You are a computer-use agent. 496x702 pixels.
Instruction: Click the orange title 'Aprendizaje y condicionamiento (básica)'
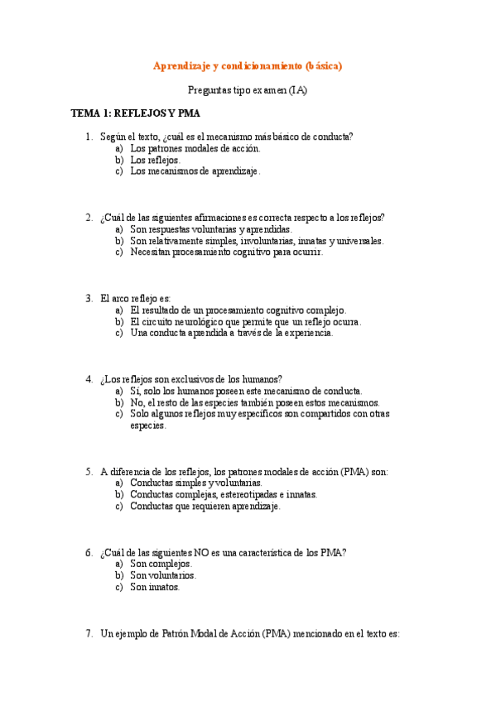(248, 65)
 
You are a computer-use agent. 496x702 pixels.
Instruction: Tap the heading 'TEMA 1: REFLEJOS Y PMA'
(135, 113)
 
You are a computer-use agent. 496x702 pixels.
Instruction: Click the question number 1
(88, 137)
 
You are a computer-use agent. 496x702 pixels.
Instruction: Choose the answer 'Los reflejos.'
(155, 160)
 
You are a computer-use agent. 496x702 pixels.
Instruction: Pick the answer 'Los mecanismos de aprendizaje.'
(195, 171)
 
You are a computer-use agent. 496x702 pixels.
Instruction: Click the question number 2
(88, 218)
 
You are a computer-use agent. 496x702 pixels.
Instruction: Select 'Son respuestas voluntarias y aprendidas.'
(211, 229)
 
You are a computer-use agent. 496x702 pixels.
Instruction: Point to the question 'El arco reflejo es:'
(134, 298)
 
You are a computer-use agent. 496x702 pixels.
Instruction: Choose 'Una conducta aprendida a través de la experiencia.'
(232, 333)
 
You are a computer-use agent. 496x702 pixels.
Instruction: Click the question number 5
(88, 472)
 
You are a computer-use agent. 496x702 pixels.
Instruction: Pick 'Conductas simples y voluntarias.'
(196, 483)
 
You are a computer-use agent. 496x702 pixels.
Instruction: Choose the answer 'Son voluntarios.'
(163, 575)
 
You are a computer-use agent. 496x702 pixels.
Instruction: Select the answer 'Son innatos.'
(155, 587)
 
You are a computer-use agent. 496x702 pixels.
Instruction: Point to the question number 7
(88, 633)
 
